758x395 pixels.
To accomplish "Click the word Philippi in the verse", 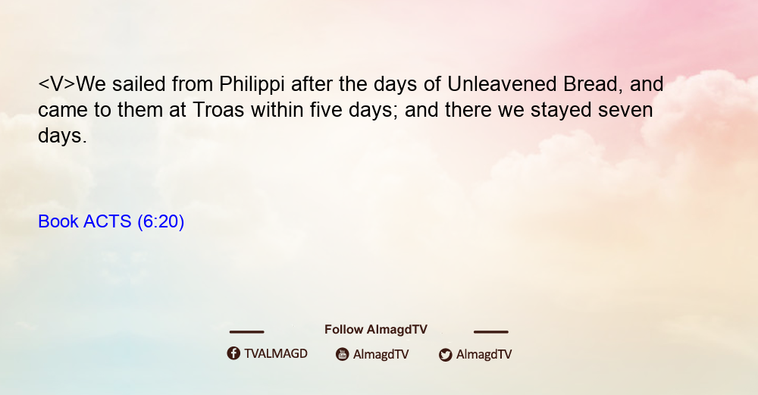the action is click(x=252, y=85).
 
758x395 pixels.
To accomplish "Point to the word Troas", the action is click(x=218, y=110).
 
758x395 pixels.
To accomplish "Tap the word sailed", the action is click(x=139, y=84).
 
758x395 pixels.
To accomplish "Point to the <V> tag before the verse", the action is click(x=57, y=84).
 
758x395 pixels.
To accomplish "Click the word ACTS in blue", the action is click(x=108, y=221).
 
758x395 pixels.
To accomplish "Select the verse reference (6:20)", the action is click(x=161, y=222).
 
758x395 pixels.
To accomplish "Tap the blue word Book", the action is click(x=58, y=221).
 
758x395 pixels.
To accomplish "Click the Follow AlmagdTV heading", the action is click(x=376, y=330).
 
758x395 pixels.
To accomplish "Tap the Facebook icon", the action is click(x=233, y=353).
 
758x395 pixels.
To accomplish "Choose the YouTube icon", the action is click(x=343, y=354).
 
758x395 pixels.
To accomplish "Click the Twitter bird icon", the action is click(x=445, y=355).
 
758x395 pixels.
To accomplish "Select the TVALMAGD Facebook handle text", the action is click(x=276, y=354).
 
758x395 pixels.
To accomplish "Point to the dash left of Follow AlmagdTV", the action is click(x=246, y=332).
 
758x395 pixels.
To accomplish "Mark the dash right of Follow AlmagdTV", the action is click(x=491, y=332).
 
